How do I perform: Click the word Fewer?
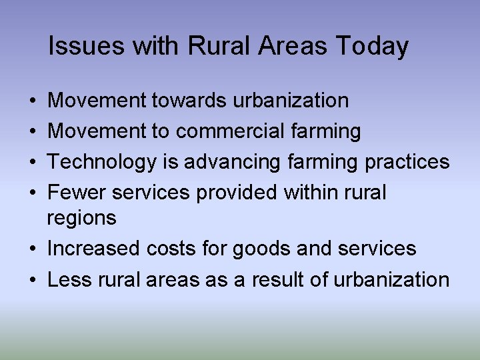click(x=77, y=193)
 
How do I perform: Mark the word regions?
click(x=81, y=217)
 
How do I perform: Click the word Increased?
click(x=93, y=249)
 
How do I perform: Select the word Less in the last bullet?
click(x=69, y=279)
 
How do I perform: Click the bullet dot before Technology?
click(x=33, y=163)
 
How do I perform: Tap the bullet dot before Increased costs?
click(x=33, y=249)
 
